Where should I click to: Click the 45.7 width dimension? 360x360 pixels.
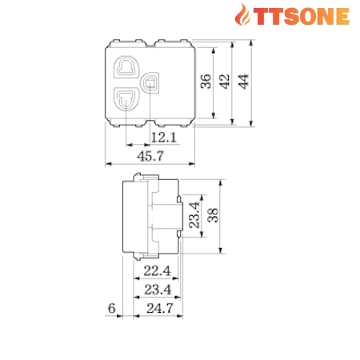(150, 157)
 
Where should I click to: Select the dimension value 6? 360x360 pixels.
(111, 307)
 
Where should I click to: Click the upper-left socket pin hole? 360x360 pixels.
(127, 66)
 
